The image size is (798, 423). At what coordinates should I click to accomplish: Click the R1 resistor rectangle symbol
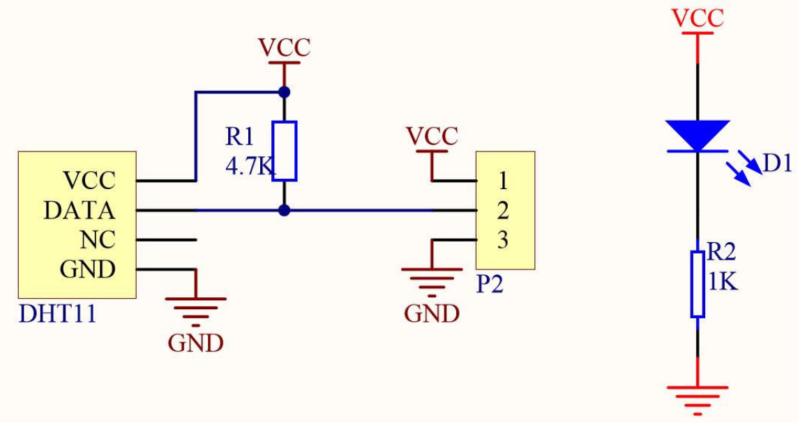284,151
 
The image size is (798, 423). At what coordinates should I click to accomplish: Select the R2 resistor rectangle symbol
697,284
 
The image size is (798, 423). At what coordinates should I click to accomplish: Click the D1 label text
777,164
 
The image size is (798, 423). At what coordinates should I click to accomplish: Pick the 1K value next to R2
723,283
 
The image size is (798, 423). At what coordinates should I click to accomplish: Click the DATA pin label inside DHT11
80,210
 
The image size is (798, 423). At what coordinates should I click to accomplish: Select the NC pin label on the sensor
98,239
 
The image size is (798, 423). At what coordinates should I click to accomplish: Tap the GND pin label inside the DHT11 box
88,269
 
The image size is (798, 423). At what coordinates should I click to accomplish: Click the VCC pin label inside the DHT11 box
89,181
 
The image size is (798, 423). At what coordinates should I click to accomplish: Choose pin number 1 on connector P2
503,181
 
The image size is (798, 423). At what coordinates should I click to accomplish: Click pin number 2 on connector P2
503,210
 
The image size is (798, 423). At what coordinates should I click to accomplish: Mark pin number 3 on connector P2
503,240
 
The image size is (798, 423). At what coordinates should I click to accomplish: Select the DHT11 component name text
57,314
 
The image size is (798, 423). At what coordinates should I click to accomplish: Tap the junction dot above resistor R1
284,91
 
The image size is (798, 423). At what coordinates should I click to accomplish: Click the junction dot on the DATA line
284,210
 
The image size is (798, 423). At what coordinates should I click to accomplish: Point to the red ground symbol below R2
697,395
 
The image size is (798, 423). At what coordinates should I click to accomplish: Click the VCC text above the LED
697,18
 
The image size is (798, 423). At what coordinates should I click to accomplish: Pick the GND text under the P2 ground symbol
432,314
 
